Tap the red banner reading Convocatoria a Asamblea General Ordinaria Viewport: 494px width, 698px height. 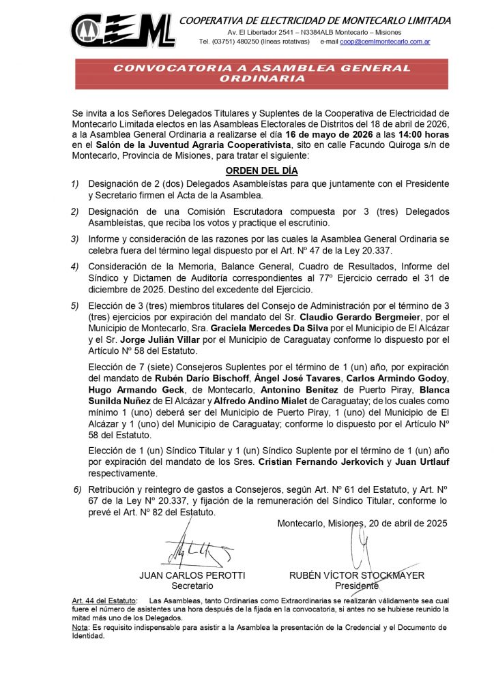click(261, 73)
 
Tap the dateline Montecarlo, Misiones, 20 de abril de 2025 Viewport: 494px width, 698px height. click(362, 523)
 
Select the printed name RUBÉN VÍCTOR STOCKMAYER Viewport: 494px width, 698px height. click(357, 575)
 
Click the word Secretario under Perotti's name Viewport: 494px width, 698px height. click(192, 586)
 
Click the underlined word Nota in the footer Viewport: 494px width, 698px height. click(81, 627)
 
